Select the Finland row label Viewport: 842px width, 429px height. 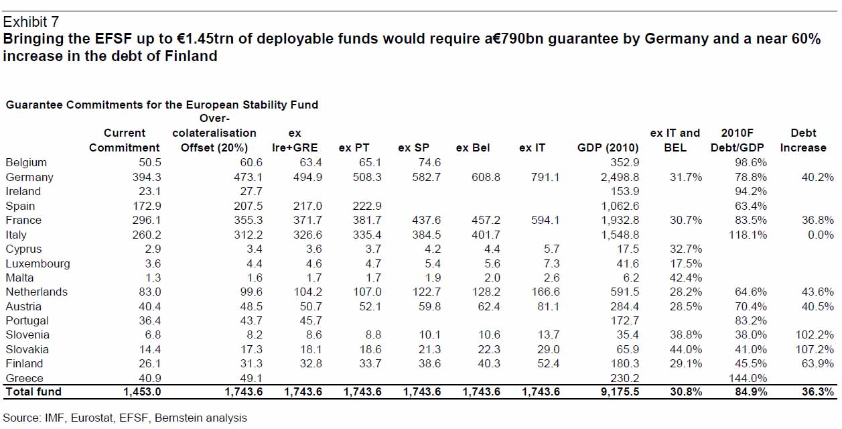(24, 364)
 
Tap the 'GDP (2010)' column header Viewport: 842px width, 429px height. (608, 147)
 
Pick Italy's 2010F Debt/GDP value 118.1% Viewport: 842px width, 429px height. (745, 235)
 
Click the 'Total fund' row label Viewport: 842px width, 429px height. (33, 391)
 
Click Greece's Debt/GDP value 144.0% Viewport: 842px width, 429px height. (745, 378)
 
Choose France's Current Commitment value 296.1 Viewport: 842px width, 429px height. (144, 221)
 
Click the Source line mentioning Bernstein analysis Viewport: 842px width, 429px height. (125, 418)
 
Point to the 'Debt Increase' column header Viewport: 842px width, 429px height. (803, 140)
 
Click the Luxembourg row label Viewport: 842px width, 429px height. (38, 263)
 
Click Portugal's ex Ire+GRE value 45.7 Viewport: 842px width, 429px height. (309, 321)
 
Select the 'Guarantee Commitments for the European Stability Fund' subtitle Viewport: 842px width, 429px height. (162, 105)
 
